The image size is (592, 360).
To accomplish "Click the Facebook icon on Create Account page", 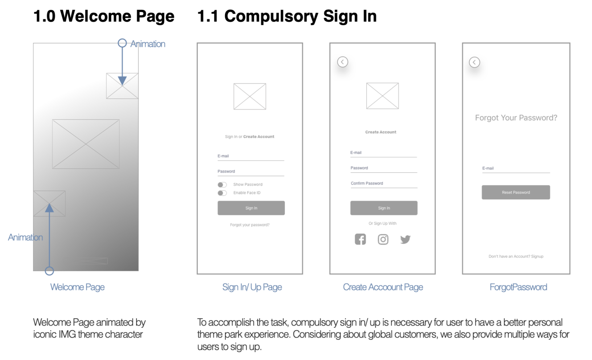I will (x=360, y=239).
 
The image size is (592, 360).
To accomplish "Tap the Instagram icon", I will (x=383, y=239).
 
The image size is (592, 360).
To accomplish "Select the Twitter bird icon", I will (x=405, y=239).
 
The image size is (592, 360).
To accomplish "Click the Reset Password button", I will (x=515, y=192).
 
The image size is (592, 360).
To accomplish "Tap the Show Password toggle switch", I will (x=222, y=185).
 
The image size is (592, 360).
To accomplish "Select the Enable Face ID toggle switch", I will (x=222, y=193).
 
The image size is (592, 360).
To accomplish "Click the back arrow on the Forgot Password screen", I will (x=474, y=62).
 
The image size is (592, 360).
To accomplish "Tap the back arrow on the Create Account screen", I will (x=342, y=62).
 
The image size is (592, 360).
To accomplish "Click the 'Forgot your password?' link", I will (x=250, y=225).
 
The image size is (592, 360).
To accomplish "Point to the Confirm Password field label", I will (x=367, y=183).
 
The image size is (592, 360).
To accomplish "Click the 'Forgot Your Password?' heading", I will (x=516, y=118).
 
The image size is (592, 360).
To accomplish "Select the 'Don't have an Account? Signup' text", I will (x=516, y=257).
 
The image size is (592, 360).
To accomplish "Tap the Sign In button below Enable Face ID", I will (x=251, y=208).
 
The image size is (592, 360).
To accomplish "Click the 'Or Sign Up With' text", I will (x=382, y=224).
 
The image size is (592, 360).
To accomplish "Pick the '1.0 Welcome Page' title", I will (x=104, y=16).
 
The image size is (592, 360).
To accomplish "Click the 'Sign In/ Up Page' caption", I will (x=252, y=287).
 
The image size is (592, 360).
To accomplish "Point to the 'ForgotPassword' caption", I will (x=518, y=287).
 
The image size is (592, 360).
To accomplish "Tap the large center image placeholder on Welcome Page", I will (x=86, y=144).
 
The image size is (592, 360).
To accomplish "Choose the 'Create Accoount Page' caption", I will (x=383, y=287).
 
